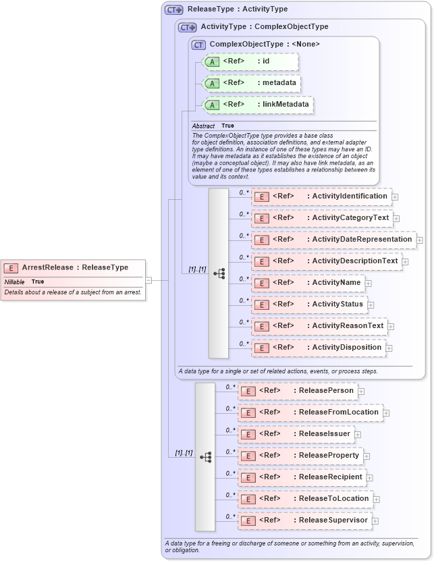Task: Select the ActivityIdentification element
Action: tap(321, 196)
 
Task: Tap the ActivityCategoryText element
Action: tap(321, 218)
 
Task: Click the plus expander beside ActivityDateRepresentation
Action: tap(420, 240)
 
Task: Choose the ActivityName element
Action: tap(308, 283)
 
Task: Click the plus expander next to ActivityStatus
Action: tap(371, 305)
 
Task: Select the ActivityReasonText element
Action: tap(319, 326)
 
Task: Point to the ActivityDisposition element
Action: tap(318, 348)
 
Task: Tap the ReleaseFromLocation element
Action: tap(310, 412)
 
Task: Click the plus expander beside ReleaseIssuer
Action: tap(358, 435)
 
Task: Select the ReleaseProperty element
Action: tap(300, 456)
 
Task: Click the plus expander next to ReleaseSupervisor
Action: tap(375, 521)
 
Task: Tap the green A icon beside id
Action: tap(212, 61)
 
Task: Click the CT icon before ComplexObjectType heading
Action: tap(198, 45)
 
